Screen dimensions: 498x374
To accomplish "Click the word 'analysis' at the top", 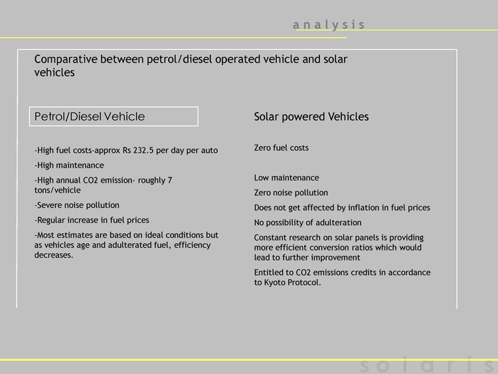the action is (x=329, y=25).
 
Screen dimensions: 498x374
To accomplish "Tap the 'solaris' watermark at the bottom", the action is (x=428, y=365).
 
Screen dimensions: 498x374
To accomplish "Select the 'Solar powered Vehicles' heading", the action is (x=311, y=117).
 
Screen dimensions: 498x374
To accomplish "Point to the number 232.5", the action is (x=143, y=150).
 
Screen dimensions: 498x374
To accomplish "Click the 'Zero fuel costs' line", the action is (x=281, y=147).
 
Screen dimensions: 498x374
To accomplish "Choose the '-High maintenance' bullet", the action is (x=69, y=165).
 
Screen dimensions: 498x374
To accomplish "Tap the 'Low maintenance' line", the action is (x=286, y=177).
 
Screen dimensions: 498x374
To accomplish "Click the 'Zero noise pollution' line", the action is (x=291, y=193).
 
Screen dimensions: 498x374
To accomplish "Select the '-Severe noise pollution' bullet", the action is (x=77, y=205).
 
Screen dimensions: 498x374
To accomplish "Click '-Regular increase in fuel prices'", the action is (x=92, y=220).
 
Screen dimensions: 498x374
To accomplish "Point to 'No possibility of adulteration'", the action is (x=307, y=223).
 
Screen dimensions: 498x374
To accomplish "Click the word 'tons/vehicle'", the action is (x=58, y=191).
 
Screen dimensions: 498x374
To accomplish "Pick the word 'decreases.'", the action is (x=54, y=255).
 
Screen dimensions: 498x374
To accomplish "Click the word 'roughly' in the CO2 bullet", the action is (x=151, y=181).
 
